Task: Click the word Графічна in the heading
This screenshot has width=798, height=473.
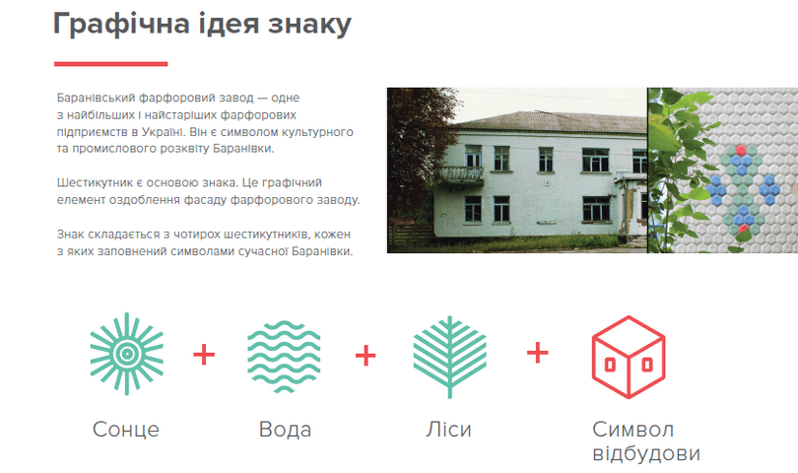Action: [x=121, y=24]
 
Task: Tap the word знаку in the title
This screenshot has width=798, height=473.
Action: [x=310, y=24]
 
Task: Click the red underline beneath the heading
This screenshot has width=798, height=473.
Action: [x=111, y=64]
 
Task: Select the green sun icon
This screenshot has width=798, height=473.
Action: [x=127, y=354]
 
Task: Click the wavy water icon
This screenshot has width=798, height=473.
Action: [x=284, y=357]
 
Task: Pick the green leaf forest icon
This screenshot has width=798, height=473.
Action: [x=449, y=357]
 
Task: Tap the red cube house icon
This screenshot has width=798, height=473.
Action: [x=629, y=357]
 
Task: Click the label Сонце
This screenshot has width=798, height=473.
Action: [x=126, y=430]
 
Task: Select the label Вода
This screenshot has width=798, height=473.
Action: [x=285, y=430]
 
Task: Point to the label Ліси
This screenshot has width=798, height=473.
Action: [x=448, y=430]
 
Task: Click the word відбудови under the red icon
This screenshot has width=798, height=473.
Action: [x=646, y=453]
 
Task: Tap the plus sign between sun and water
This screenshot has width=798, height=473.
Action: [x=204, y=355]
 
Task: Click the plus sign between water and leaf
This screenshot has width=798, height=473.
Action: [x=366, y=356]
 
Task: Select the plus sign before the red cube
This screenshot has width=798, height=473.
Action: [x=538, y=353]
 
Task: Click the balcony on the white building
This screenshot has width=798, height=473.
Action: [x=461, y=174]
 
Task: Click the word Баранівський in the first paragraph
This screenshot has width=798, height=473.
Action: [x=96, y=98]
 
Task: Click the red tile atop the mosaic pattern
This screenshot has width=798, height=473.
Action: [x=741, y=150]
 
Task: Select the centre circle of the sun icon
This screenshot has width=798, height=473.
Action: [x=127, y=354]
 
